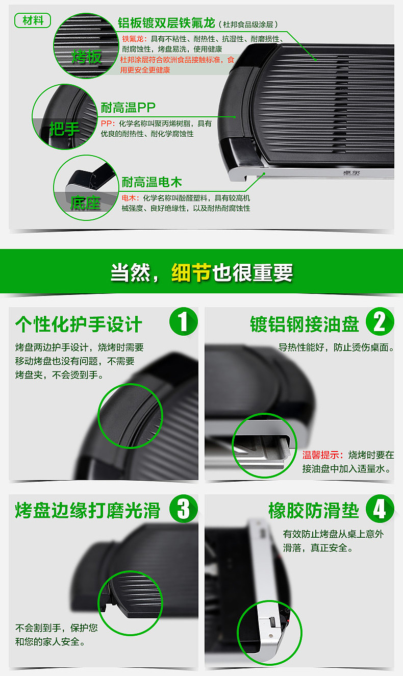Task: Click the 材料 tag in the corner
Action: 33,20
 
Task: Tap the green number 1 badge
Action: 183,322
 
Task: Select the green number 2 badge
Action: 379,322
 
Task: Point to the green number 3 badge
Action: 183,509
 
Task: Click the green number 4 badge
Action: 379,509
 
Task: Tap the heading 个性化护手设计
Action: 79,324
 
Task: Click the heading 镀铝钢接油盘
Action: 305,324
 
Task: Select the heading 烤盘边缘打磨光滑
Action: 88,510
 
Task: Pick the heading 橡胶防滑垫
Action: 314,510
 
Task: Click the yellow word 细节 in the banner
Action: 191,273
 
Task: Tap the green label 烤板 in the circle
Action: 86,57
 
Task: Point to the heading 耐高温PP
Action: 128,108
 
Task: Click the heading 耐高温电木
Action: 152,182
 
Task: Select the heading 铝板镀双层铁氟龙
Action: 166,23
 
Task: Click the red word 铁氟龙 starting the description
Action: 133,39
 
